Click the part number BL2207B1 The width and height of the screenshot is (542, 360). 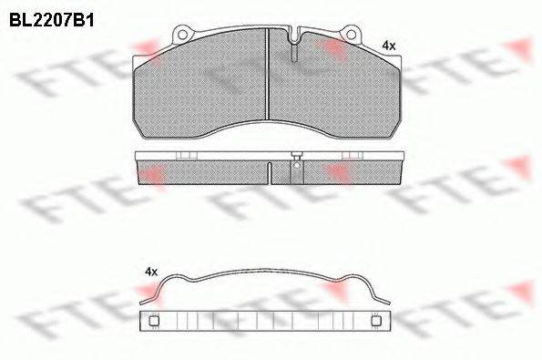coord(52,20)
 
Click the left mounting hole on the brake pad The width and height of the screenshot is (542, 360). coord(182,35)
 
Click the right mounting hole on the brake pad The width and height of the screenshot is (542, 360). coord(351,35)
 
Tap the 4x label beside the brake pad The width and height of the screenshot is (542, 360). coord(389,46)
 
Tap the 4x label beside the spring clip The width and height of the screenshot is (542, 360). coord(151,272)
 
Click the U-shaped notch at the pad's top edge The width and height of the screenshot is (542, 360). coord(294,36)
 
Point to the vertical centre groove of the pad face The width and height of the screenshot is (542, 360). coord(267,74)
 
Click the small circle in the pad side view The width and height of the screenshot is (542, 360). coord(296,165)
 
